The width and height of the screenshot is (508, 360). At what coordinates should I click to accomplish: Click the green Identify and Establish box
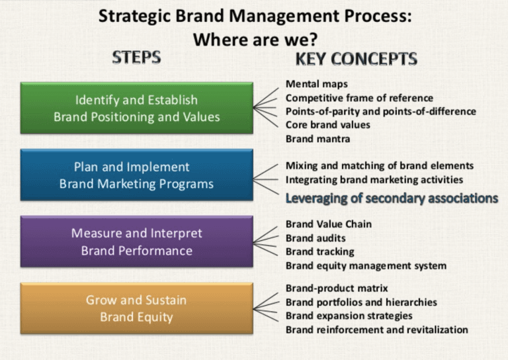tap(136, 109)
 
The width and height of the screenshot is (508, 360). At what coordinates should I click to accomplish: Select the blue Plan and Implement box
tap(136, 175)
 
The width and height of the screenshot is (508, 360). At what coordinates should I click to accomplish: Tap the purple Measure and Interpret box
tap(136, 242)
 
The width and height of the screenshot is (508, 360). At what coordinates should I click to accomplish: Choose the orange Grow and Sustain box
tap(136, 308)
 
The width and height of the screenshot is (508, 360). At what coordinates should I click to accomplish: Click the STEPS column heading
tap(136, 58)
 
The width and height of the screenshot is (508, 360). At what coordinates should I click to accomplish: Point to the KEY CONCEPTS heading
tap(356, 59)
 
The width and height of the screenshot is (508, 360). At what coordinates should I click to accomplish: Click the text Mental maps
tap(316, 84)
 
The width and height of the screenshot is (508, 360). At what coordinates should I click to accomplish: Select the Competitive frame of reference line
tap(359, 98)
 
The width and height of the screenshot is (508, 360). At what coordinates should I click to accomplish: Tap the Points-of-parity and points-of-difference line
tap(380, 111)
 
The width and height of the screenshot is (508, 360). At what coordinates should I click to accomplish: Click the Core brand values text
tap(327, 124)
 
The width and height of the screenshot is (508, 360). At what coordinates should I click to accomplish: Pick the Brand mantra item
tap(317, 139)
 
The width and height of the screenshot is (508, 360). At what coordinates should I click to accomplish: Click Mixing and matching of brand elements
tap(379, 165)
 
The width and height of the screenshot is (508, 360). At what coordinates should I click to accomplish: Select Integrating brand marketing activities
tap(374, 179)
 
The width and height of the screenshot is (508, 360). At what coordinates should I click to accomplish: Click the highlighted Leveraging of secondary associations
tap(392, 198)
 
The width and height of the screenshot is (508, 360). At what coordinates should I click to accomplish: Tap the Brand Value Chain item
tap(328, 224)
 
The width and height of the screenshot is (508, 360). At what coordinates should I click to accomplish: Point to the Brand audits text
tap(316, 238)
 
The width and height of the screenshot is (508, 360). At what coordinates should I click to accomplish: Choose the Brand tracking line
tap(319, 252)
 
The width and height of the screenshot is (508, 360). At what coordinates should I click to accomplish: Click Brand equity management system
tap(366, 266)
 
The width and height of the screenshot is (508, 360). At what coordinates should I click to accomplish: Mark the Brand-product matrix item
tap(337, 289)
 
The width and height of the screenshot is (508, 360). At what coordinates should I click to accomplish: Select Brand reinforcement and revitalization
tap(376, 330)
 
